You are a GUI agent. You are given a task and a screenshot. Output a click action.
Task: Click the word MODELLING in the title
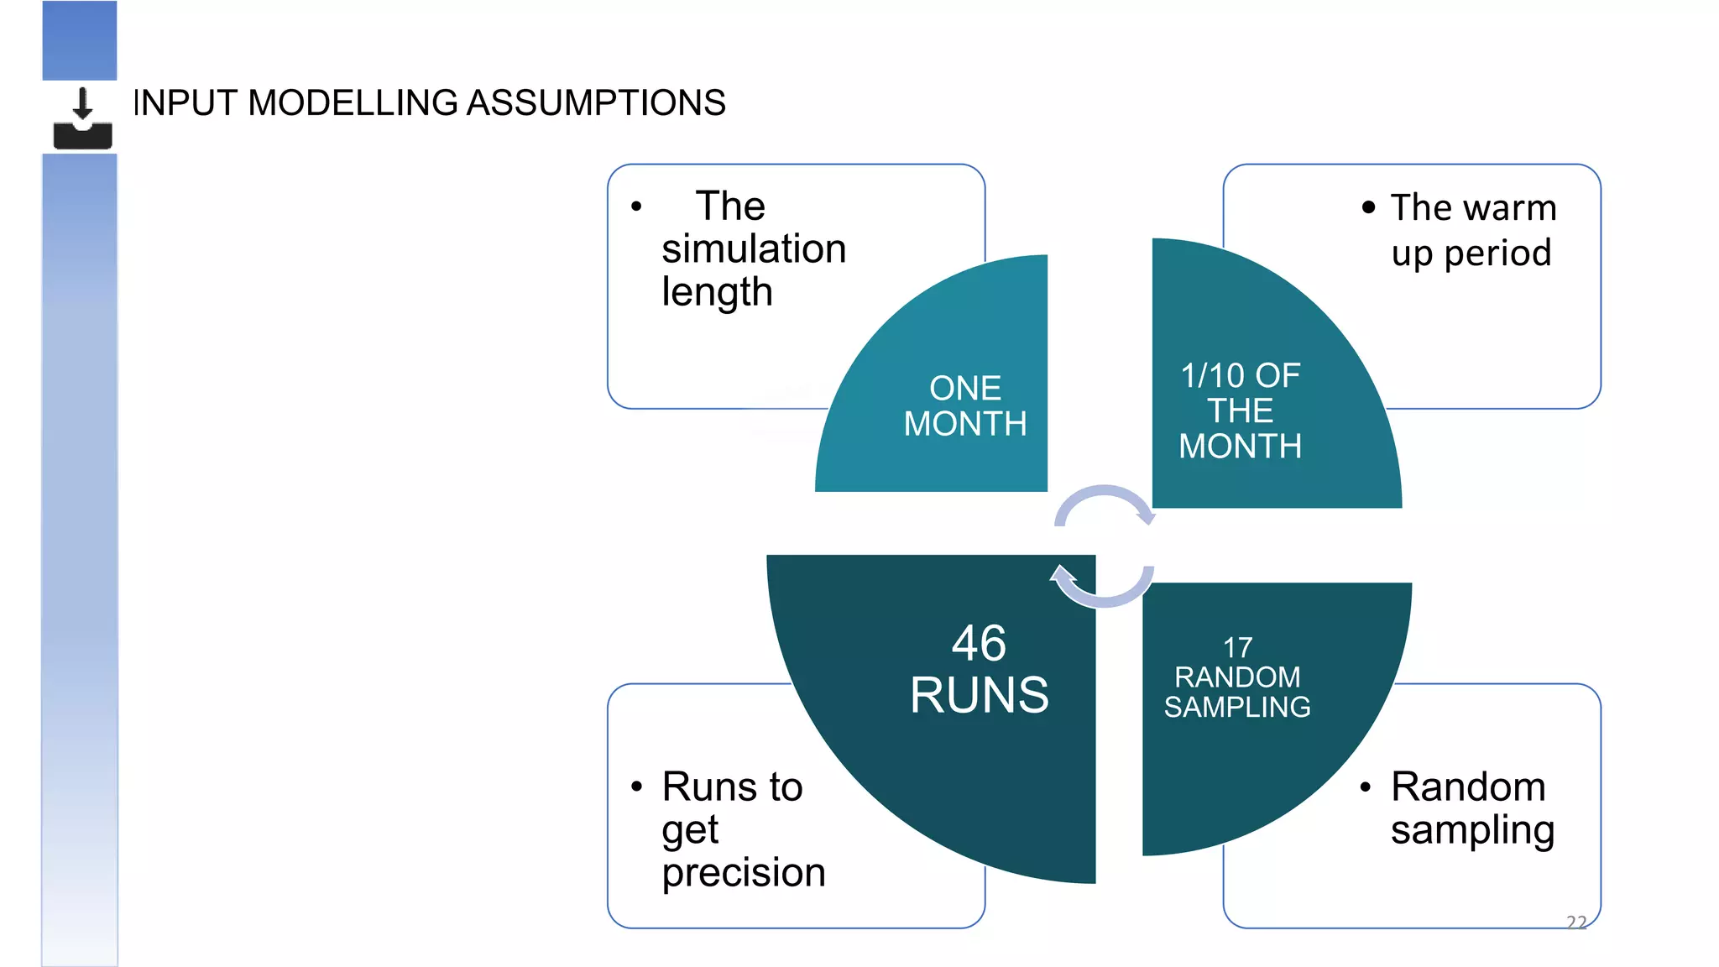[353, 103]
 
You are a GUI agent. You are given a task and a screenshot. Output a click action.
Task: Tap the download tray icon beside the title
[82, 118]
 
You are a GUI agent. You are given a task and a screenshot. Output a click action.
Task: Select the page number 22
[1576, 922]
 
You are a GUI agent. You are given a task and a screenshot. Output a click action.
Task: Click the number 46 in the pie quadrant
[979, 644]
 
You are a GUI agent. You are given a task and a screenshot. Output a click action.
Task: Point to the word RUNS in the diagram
[979, 695]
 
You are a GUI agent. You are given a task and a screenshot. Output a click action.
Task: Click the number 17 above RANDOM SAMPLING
[1237, 647]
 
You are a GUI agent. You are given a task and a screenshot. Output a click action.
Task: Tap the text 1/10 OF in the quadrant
[1240, 376]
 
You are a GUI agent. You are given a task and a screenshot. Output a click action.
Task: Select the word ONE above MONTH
[965, 388]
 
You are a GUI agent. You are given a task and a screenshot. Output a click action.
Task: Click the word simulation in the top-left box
[753, 249]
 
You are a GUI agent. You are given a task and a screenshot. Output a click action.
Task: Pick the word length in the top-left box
[716, 292]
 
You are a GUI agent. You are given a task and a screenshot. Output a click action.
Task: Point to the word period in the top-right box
[1497, 253]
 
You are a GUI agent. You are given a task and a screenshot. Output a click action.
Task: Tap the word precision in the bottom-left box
[743, 873]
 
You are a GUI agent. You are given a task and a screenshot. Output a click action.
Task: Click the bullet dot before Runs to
[636, 787]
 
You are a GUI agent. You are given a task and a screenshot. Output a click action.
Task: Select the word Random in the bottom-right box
[1468, 787]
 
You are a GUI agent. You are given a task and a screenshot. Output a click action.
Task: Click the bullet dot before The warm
[1368, 207]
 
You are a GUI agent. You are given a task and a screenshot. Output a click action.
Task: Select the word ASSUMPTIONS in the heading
[595, 103]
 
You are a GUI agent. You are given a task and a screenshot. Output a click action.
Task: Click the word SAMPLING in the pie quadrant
[1236, 707]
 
